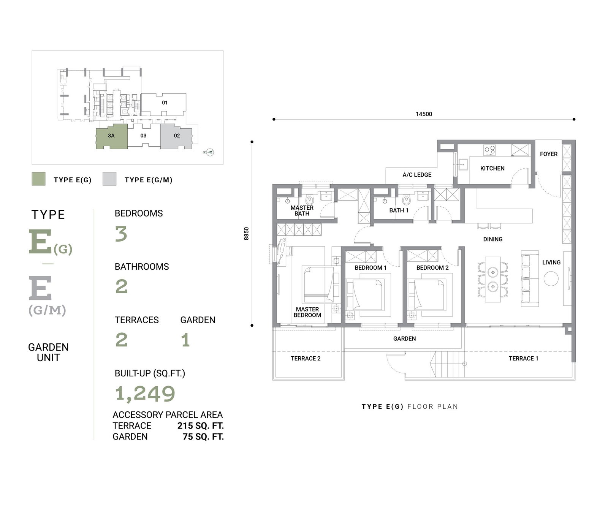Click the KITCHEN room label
[492, 168]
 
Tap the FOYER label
[549, 154]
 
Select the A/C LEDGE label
[417, 175]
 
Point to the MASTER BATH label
[302, 210]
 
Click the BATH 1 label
[399, 210]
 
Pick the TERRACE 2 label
[306, 358]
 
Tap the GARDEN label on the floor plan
[404, 338]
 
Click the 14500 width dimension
[424, 114]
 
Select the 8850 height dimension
[246, 234]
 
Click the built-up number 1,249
[145, 394]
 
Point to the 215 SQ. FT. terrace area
[201, 426]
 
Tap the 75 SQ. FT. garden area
[203, 437]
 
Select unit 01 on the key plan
[164, 103]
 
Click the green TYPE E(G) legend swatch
[38, 179]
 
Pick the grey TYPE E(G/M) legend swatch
[109, 179]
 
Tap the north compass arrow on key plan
[209, 152]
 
